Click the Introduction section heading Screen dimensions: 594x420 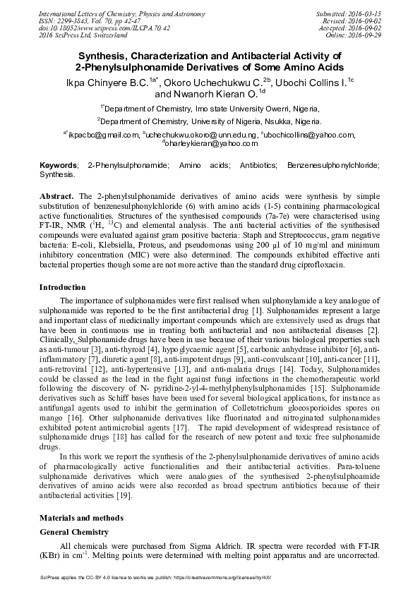[x=62, y=287]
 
